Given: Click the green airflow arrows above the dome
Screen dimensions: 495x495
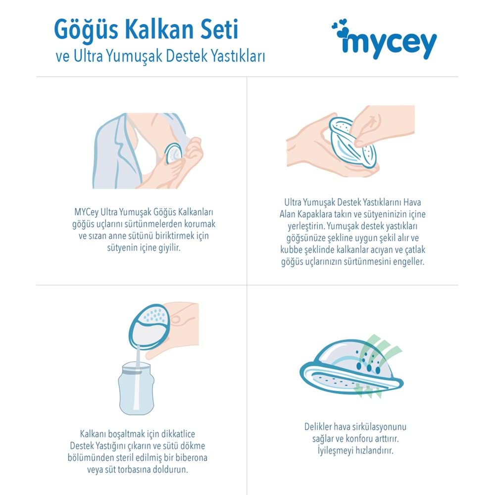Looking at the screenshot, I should coord(381,346).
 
